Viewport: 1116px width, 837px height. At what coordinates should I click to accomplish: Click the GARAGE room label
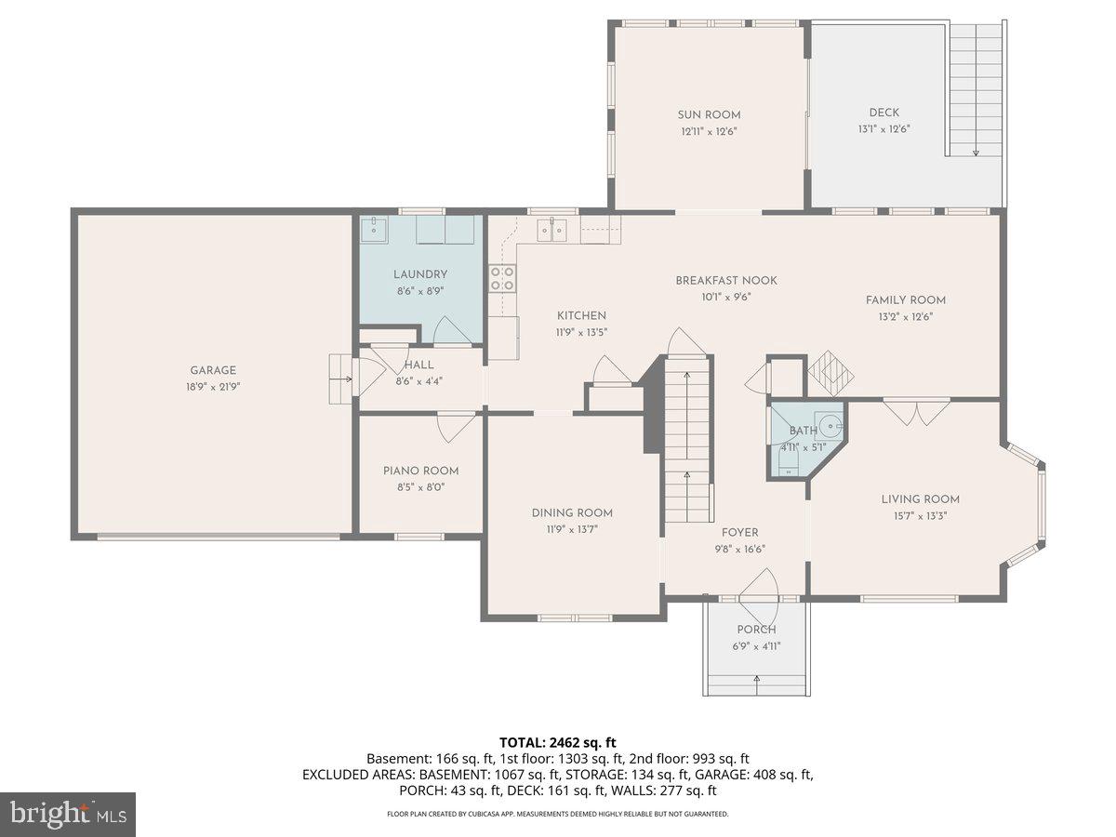(213, 370)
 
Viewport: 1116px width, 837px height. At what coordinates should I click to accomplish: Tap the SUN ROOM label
(709, 115)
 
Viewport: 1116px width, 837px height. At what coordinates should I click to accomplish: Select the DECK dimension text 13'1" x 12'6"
(883, 129)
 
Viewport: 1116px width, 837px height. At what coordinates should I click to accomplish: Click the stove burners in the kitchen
(502, 278)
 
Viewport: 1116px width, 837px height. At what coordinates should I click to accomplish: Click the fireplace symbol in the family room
(830, 373)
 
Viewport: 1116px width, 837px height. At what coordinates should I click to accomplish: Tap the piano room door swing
(457, 426)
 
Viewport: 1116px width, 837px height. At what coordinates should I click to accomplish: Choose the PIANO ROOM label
(420, 471)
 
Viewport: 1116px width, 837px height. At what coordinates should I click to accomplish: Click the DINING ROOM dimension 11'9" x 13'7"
(572, 529)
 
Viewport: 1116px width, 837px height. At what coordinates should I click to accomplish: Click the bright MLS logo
(68, 815)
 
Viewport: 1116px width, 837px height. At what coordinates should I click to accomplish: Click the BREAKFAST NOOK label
(725, 281)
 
